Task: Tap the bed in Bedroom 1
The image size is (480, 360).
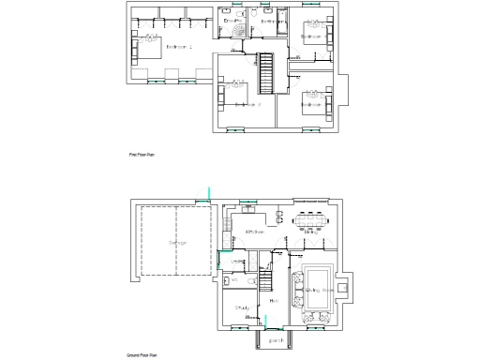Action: click(147, 47)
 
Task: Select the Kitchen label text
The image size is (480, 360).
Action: click(254, 231)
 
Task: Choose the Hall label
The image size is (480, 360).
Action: click(273, 300)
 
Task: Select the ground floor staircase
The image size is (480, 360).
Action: click(264, 279)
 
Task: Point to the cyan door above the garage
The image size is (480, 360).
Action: click(208, 195)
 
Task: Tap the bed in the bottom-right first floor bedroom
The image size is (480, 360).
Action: click(313, 97)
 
